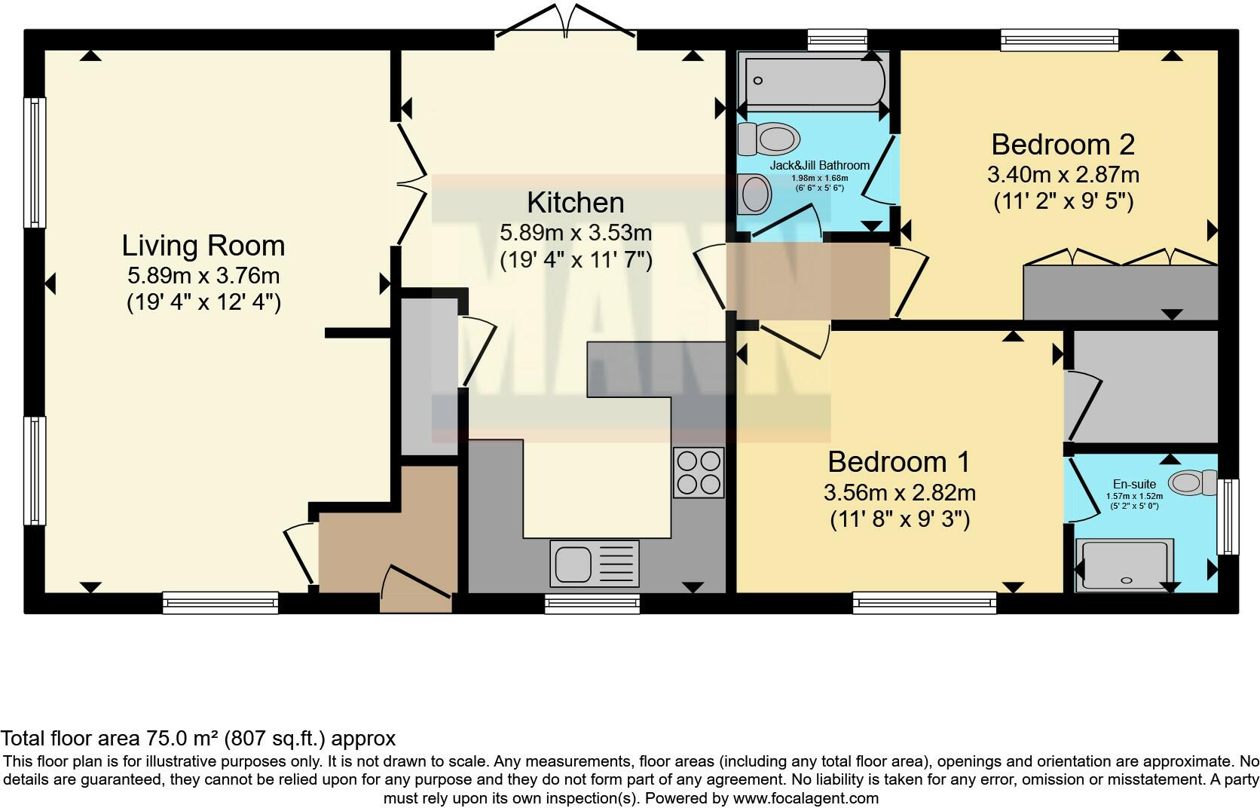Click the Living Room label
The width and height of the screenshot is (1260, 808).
pos(203,246)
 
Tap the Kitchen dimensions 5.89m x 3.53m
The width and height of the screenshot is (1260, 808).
pos(576,233)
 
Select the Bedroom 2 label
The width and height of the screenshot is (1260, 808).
pos(1063,144)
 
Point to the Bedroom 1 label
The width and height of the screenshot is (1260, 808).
pos(899,461)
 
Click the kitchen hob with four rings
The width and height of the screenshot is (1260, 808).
pos(699,473)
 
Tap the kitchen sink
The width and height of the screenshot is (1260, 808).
pos(573,563)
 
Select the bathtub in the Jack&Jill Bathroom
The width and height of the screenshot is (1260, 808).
pos(814,81)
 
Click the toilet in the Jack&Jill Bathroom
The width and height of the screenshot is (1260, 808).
pos(769,139)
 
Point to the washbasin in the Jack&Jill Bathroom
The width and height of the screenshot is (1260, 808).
pos(754,194)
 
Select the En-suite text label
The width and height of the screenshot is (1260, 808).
pos(1134,485)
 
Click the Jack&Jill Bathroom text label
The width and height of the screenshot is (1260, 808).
pos(819,165)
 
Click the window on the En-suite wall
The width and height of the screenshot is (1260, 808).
pos(1228,517)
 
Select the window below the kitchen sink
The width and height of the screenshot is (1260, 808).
pos(592,602)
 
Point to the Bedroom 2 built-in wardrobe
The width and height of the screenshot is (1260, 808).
pos(1120,292)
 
